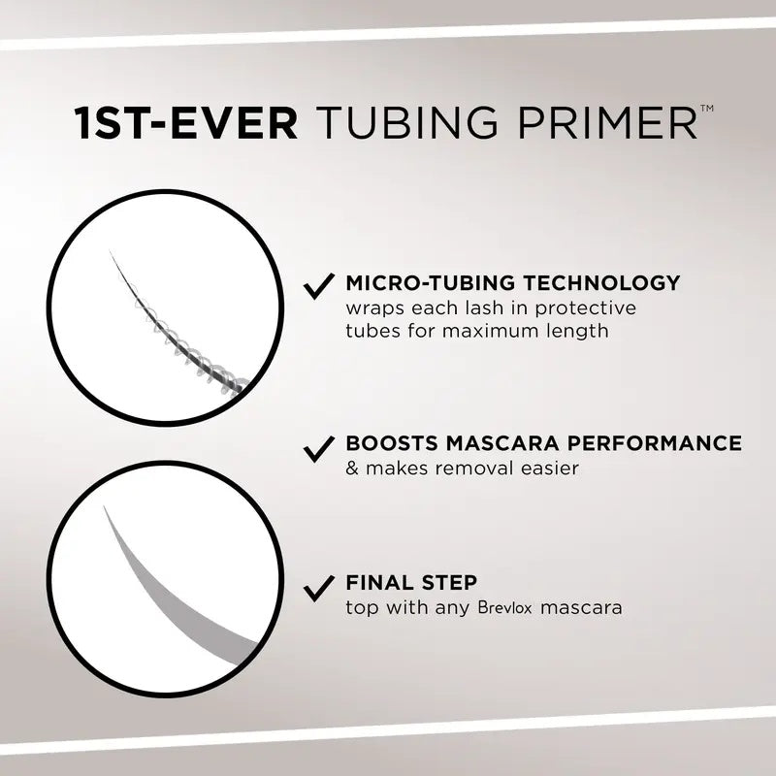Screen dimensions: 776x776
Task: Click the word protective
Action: pos(592,308)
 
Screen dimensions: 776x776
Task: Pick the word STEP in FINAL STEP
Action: pos(449,584)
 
